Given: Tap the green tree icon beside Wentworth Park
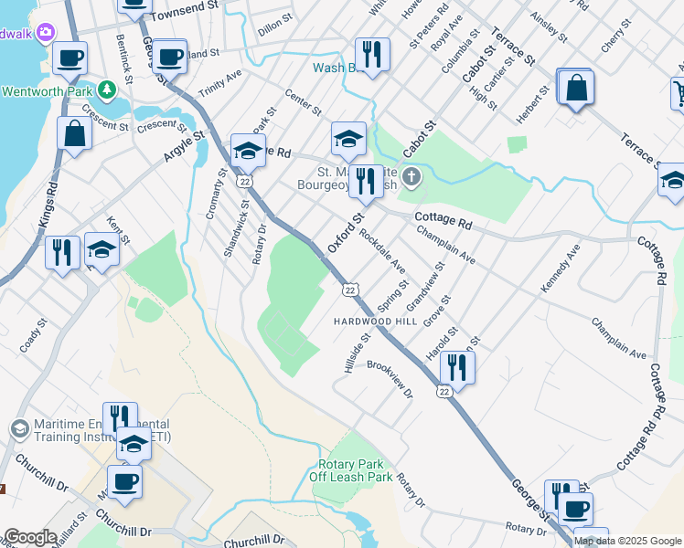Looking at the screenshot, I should [x=108, y=90].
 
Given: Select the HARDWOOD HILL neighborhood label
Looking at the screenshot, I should [x=375, y=321].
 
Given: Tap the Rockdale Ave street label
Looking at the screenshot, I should [x=383, y=249].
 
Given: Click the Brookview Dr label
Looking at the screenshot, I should [x=390, y=378].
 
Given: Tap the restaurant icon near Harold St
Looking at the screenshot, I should [x=457, y=367].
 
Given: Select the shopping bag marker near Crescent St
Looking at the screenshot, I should [x=74, y=133].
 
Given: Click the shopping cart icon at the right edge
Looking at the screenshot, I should [x=679, y=90].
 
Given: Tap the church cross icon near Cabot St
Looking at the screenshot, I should [x=411, y=175].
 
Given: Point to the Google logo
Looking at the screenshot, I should [x=30, y=537].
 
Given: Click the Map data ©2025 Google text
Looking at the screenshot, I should [x=628, y=541].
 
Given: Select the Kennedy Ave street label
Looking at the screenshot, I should [x=560, y=269].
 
